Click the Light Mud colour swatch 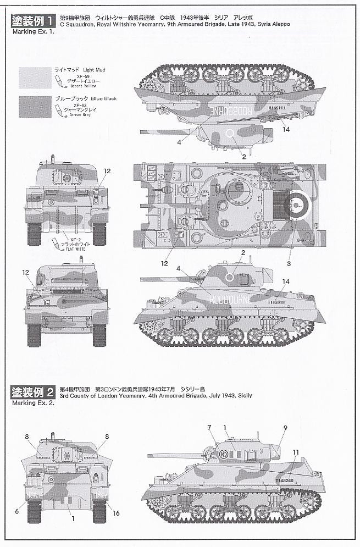[35, 78]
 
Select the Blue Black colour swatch [35, 107]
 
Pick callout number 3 [289, 263]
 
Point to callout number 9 [285, 428]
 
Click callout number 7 [209, 428]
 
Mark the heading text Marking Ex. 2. [34, 402]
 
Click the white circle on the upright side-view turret [229, 278]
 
